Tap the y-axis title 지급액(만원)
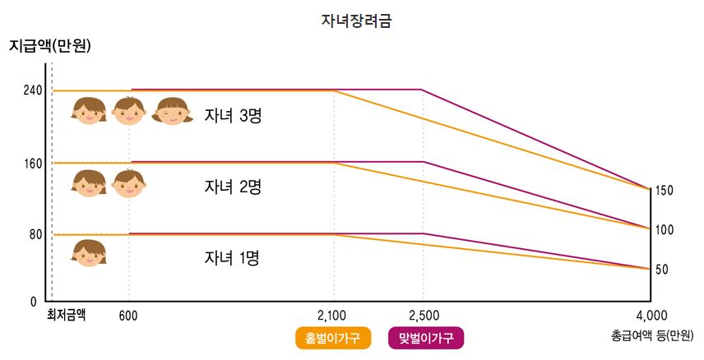tap(49, 46)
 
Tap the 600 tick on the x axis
tap(128, 315)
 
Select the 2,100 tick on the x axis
tap(332, 315)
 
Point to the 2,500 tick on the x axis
tap(424, 315)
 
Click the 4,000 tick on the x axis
tap(651, 315)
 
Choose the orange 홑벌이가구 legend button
tap(332, 338)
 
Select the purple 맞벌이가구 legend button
tap(425, 338)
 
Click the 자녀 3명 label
tap(232, 116)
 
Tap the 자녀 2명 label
tap(232, 187)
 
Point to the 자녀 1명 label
tap(232, 259)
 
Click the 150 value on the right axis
tap(665, 191)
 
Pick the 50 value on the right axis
tap(662, 270)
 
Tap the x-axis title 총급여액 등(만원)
tap(651, 335)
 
